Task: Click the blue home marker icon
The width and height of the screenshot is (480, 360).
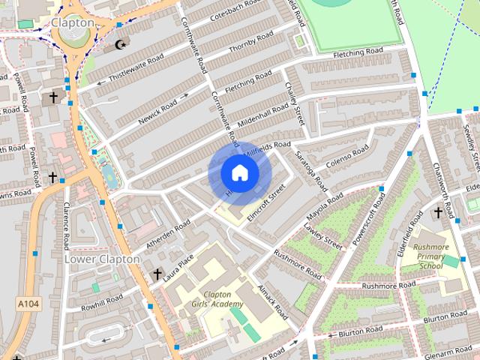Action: click(x=239, y=173)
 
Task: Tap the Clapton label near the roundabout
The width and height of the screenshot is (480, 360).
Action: click(x=73, y=22)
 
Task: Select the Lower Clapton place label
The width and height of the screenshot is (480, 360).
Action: click(x=102, y=259)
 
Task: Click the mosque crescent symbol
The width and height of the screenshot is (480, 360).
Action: click(x=121, y=45)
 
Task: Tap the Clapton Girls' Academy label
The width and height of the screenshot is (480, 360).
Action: click(x=212, y=299)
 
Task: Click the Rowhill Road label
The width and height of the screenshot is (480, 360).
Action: click(x=102, y=303)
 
